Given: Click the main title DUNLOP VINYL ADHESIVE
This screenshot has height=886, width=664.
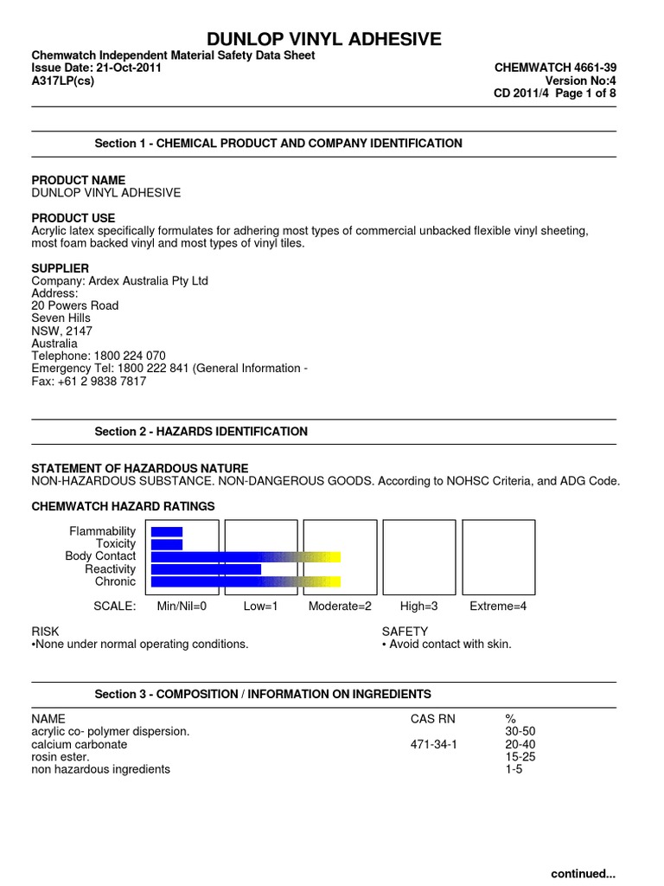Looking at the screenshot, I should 323,38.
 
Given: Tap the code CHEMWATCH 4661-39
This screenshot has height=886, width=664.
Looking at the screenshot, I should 555,67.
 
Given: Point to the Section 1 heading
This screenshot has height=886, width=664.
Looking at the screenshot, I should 278,144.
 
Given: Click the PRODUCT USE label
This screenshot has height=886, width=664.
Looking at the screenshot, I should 73,218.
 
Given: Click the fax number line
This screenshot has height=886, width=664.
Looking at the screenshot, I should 89,381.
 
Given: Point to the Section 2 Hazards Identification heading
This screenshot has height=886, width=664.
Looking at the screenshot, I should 201,432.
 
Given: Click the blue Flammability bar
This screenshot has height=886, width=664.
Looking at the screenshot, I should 167,531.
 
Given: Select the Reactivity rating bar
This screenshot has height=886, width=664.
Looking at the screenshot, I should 206,569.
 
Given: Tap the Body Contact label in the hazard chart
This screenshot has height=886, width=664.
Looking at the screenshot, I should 100,556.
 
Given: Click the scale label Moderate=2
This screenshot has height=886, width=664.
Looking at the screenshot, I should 340,607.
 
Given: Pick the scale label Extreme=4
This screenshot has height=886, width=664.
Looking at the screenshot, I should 498,607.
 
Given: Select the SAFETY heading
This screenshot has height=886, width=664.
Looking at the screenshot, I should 405,632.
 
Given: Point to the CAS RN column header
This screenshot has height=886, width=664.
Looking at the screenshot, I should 431,719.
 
